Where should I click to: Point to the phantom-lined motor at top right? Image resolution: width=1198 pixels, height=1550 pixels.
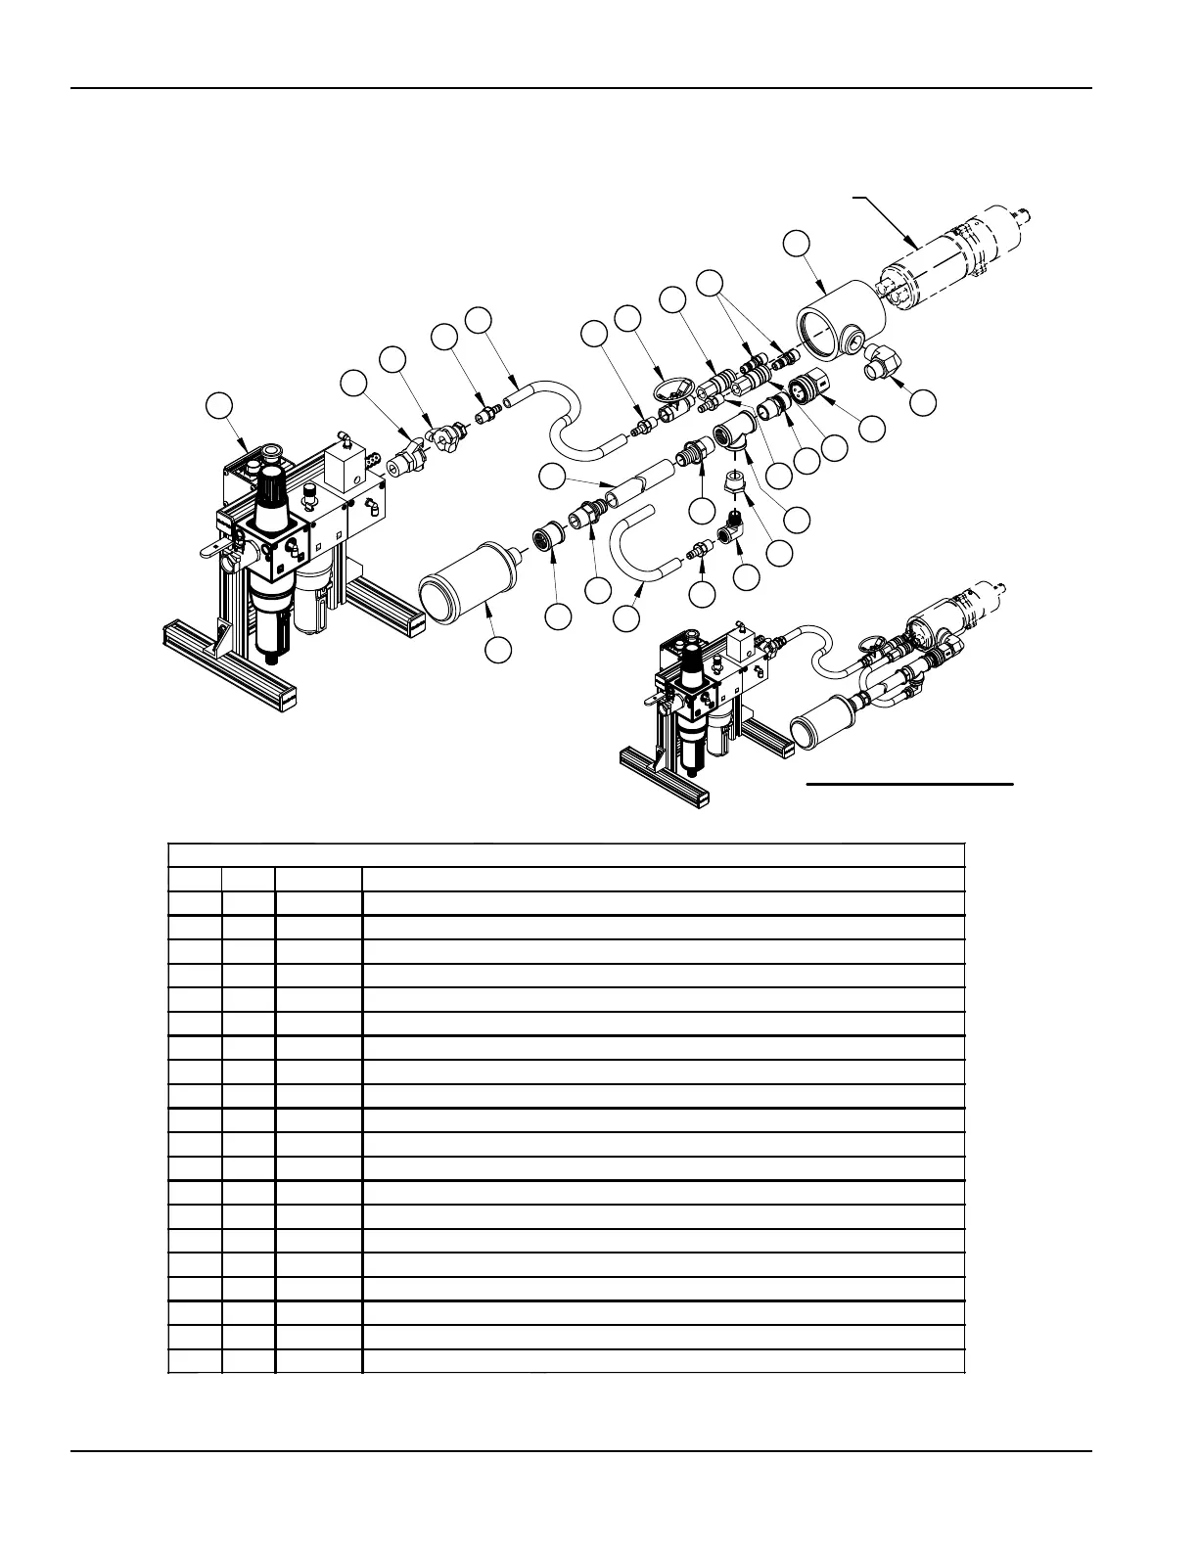tap(954, 256)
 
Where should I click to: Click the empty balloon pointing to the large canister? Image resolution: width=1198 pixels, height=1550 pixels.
tap(500, 648)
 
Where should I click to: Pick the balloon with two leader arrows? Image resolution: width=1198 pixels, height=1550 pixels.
tap(710, 283)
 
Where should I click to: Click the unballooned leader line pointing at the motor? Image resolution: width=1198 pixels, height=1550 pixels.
tap(884, 217)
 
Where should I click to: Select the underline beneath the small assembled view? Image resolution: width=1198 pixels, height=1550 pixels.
tap(909, 784)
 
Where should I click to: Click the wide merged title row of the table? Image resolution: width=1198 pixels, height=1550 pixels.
tap(567, 854)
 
